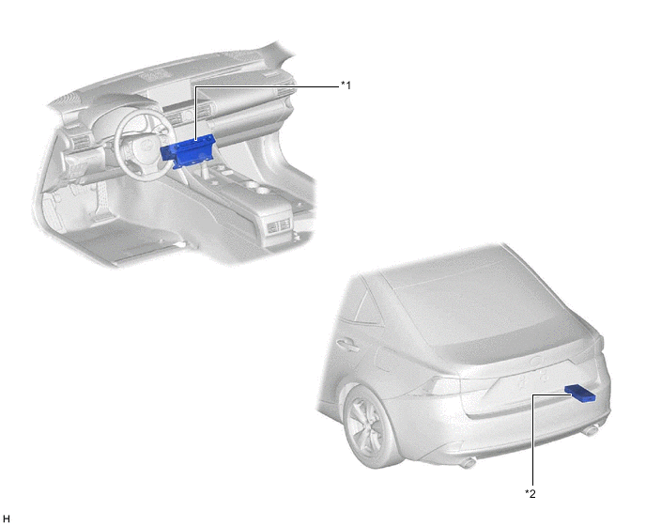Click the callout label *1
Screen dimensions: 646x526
346,85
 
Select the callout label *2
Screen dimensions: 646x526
531,493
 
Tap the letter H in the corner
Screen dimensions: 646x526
7,518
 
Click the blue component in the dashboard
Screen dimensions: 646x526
189,151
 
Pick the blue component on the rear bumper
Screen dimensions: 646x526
580,393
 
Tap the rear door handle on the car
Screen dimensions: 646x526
346,345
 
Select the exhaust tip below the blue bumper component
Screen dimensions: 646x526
591,431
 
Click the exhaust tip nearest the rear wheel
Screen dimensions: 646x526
468,463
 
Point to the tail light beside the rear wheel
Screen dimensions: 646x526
443,385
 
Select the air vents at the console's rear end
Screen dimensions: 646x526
279,226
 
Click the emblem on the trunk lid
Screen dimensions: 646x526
537,362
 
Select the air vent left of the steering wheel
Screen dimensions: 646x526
78,142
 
